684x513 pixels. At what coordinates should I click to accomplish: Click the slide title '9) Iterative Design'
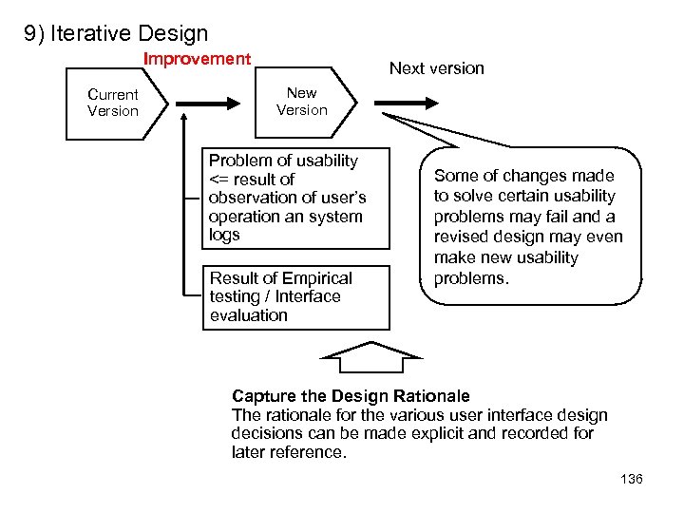coord(116,34)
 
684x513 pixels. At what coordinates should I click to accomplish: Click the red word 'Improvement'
coord(197,59)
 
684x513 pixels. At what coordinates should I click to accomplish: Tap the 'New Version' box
coord(302,102)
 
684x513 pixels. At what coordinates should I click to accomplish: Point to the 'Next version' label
coord(437,68)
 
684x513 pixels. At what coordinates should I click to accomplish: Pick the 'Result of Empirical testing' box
coord(295,297)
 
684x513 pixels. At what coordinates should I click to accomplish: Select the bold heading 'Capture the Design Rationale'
coord(351,396)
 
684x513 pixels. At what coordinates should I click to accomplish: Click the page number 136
coord(631,479)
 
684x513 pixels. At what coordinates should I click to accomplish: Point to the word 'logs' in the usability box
coord(224,236)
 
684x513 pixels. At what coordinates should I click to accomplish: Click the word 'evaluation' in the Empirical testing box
coord(248,315)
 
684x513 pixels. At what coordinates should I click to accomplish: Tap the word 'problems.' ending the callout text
coord(471,278)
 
